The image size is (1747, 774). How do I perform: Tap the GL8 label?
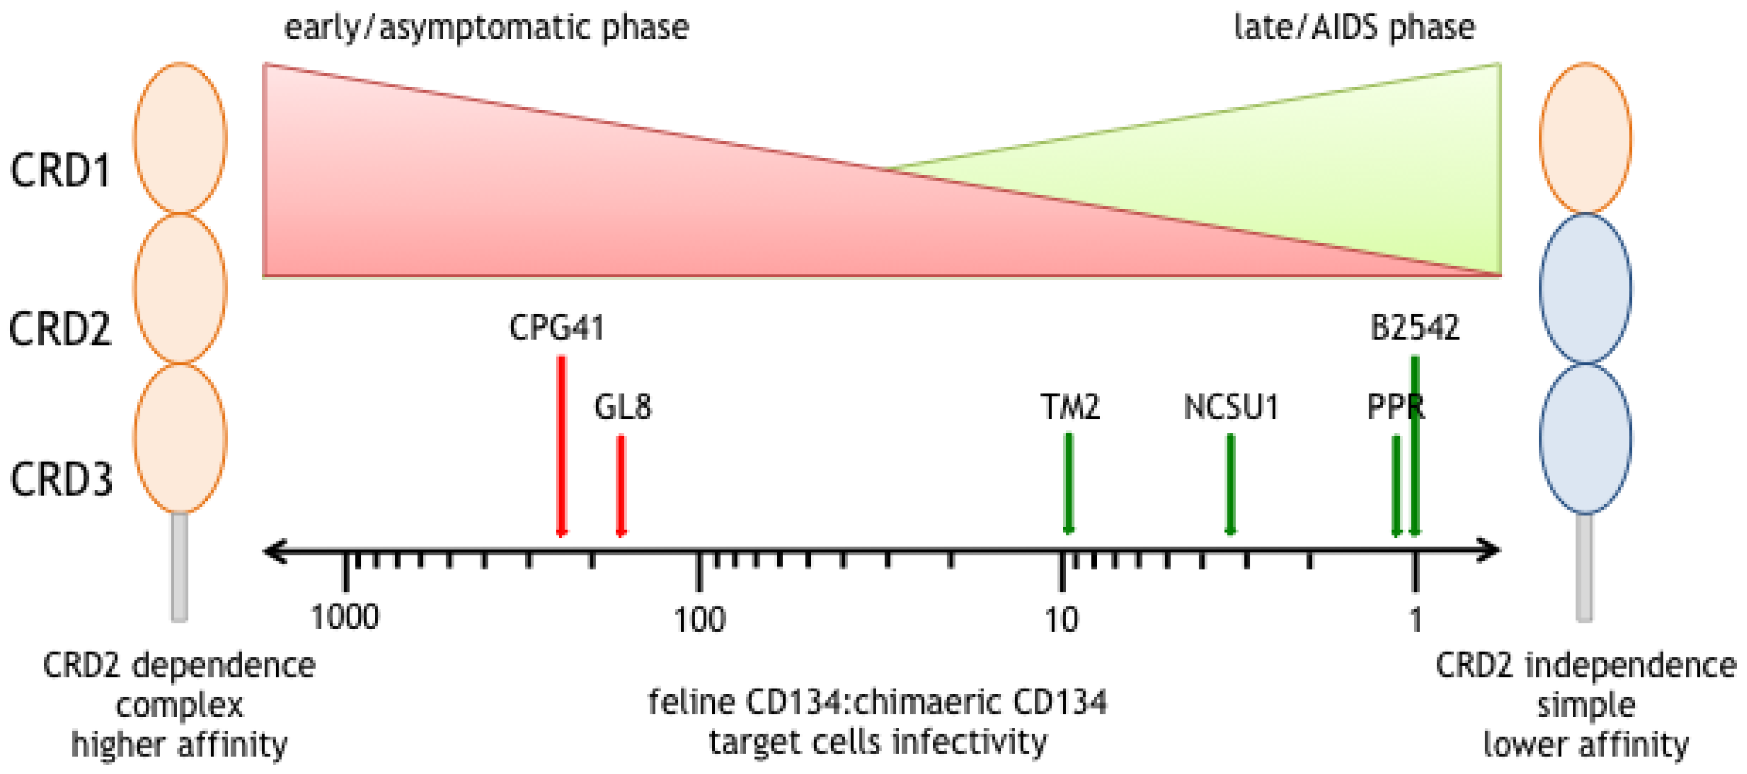click(623, 407)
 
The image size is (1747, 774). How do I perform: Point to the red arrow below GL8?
click(621, 485)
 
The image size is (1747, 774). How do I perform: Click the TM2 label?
click(1070, 407)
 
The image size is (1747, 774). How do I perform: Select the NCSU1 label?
click(1231, 407)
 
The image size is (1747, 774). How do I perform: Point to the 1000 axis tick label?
click(345, 617)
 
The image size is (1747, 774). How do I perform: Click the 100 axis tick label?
click(699, 619)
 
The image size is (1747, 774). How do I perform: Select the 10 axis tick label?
click(1061, 619)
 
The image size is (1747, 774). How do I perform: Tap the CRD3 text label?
click(61, 480)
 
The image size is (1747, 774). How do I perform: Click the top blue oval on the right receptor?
click(1585, 289)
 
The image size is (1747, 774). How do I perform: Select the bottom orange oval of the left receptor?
click(180, 438)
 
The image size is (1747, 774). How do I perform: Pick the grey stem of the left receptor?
click(180, 566)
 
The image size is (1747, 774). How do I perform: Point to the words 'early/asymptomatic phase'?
click(486, 28)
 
